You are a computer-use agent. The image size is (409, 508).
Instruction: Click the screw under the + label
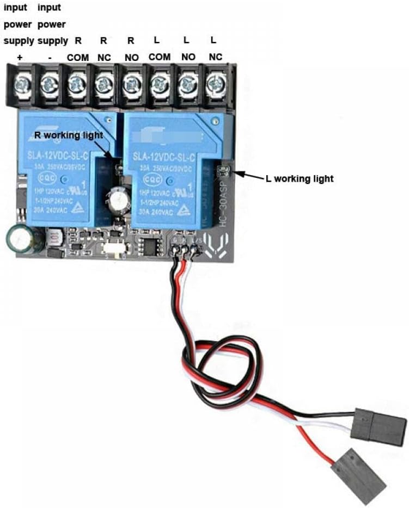21,83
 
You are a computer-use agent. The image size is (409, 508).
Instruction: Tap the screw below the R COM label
77,83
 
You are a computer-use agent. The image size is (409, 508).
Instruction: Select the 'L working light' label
300,178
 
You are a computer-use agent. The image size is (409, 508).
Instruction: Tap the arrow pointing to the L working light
248,175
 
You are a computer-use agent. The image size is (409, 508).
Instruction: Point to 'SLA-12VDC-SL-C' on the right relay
163,157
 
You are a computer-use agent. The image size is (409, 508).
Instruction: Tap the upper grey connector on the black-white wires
380,425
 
